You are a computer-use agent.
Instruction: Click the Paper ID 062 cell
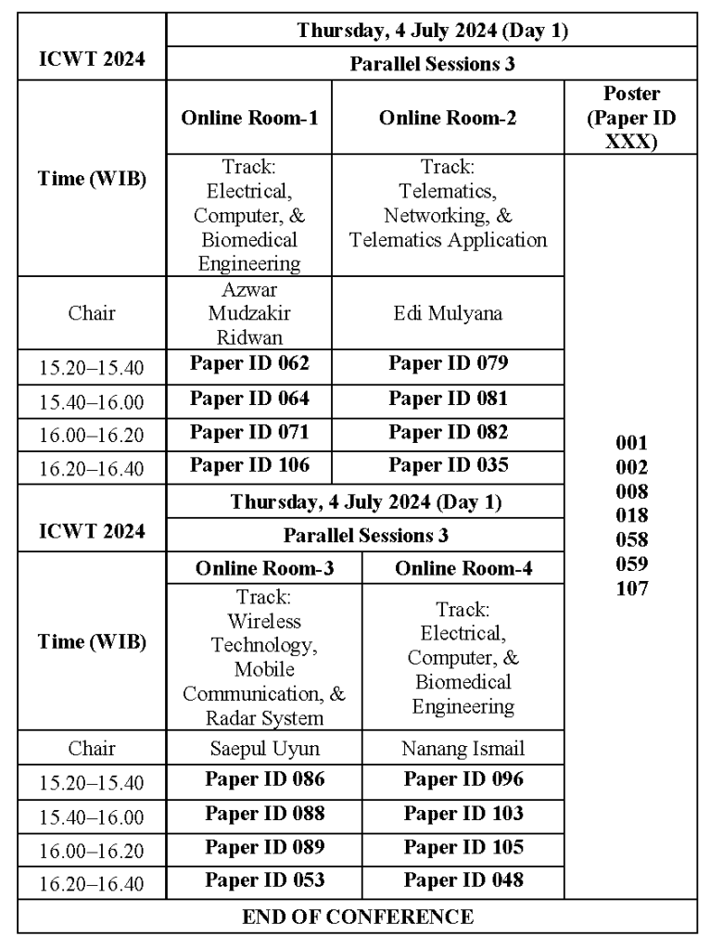(248, 362)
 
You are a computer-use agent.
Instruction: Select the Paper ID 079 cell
(448, 362)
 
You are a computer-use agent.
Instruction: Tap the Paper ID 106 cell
(248, 464)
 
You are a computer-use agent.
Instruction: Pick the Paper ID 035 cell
(448, 464)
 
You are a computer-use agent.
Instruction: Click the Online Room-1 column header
(248, 119)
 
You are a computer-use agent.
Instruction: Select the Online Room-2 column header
(448, 119)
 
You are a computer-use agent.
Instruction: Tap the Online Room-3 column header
(264, 568)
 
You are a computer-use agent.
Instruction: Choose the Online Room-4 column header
(463, 568)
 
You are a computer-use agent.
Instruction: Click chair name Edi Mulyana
(448, 312)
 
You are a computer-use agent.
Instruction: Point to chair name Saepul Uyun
(264, 746)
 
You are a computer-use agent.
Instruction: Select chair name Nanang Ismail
(463, 746)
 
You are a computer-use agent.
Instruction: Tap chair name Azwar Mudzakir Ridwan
(248, 312)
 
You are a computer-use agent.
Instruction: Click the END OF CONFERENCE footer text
(357, 917)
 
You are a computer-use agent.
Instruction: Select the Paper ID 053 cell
(264, 879)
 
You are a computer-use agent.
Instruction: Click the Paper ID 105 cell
(463, 846)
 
